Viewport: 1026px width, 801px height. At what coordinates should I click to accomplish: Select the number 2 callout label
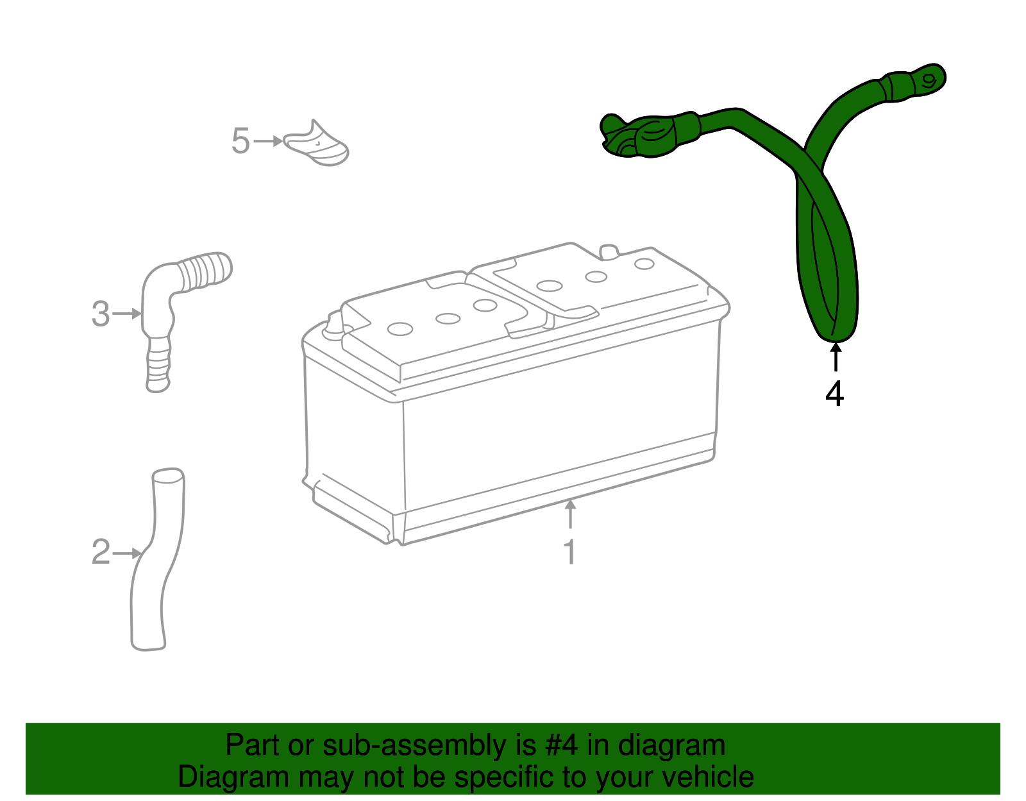101,552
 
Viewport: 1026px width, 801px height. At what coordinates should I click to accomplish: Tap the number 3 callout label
101,314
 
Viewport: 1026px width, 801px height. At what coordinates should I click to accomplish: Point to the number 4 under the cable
834,394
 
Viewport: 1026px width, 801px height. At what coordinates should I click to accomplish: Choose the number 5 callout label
240,140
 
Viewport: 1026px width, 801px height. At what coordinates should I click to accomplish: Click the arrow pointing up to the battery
570,514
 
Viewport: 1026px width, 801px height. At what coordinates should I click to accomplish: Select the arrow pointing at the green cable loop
836,357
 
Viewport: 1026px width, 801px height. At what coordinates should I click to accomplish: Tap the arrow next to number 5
268,140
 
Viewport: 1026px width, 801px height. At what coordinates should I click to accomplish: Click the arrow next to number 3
127,314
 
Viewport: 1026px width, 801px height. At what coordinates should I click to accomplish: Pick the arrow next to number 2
127,553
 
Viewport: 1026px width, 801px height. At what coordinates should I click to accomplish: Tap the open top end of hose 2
167,476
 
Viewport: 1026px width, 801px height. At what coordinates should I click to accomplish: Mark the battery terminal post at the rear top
609,252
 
